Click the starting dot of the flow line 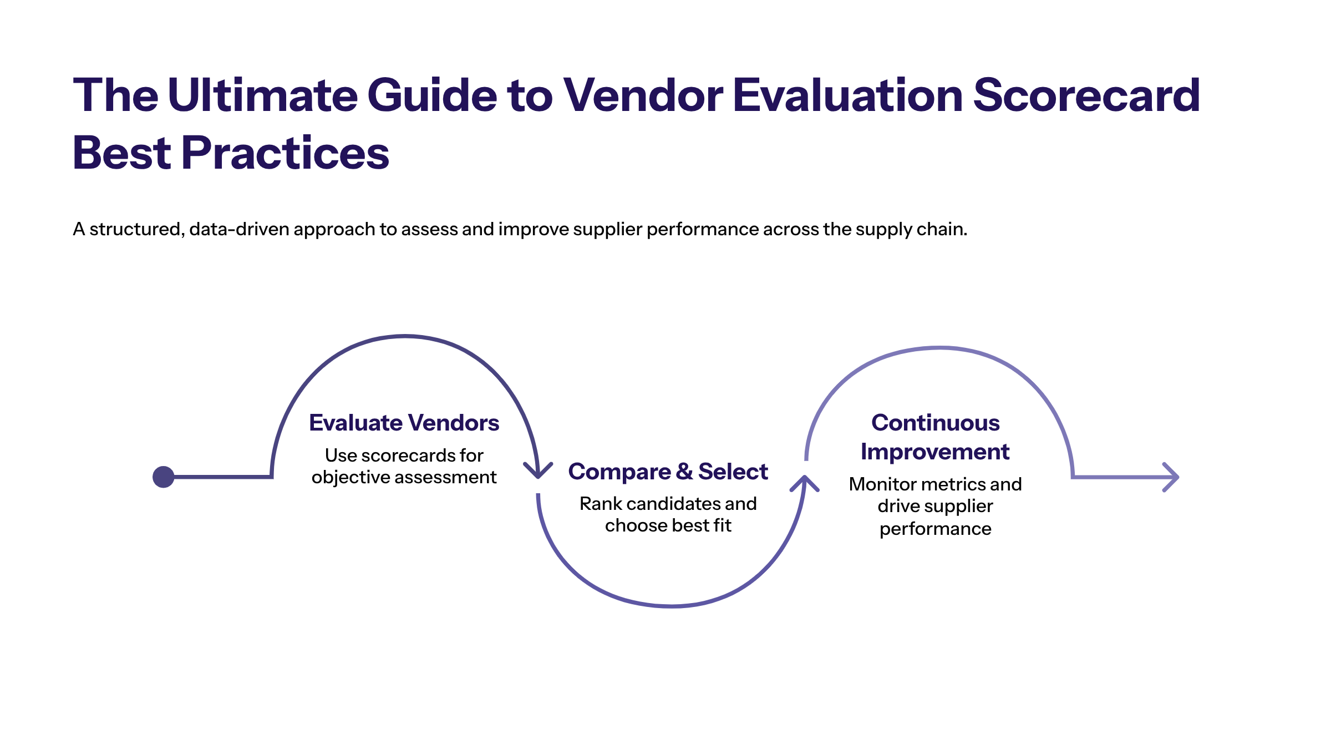tap(164, 477)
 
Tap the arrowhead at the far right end tap(1171, 477)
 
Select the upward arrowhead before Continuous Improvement tap(805, 483)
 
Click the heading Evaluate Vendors tap(404, 423)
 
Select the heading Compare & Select tap(668, 472)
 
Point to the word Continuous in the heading tap(935, 423)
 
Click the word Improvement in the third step tap(935, 452)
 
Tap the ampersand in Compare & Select tap(684, 472)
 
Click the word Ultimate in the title tap(262, 95)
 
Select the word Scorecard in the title tap(1086, 95)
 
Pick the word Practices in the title tap(285, 153)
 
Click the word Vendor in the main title tap(643, 95)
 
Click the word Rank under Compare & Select tap(601, 504)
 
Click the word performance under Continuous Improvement tap(935, 529)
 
